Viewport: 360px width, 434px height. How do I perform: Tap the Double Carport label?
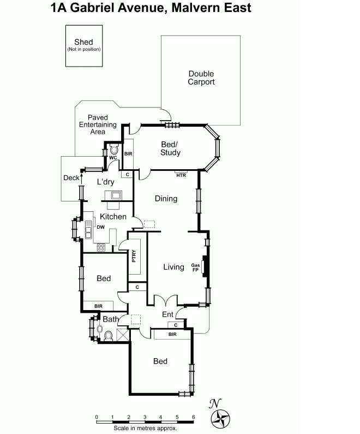tap(201, 78)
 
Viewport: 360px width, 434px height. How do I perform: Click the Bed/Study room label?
tap(170, 148)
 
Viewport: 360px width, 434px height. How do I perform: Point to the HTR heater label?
tap(181, 175)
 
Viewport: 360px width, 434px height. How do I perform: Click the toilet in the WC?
tap(114, 148)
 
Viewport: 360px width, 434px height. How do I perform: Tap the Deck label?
tap(71, 177)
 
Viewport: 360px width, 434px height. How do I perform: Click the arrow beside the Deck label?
tap(82, 177)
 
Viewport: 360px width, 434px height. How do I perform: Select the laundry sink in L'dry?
tap(117, 195)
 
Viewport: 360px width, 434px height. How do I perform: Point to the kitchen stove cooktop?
tap(101, 247)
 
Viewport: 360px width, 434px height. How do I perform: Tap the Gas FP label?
tap(195, 267)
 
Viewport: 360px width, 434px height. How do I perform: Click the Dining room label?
tap(166, 199)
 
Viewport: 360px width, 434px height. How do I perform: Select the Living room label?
tap(173, 267)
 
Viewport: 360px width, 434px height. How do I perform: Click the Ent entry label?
tap(168, 314)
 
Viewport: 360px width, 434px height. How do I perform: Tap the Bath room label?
tap(111, 319)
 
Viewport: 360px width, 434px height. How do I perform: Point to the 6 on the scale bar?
tap(193, 417)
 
